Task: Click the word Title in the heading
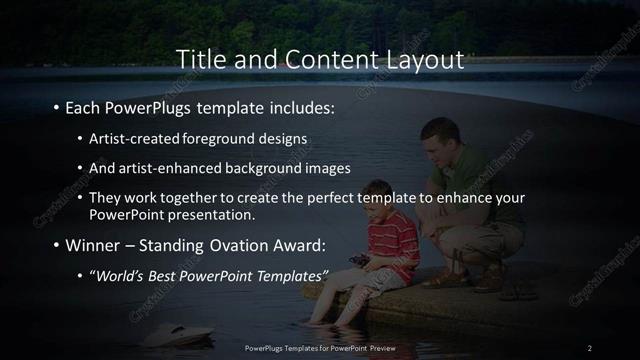click(x=199, y=60)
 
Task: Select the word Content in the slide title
click(x=327, y=60)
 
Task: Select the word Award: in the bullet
click(x=299, y=245)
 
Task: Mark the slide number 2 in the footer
click(x=589, y=347)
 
